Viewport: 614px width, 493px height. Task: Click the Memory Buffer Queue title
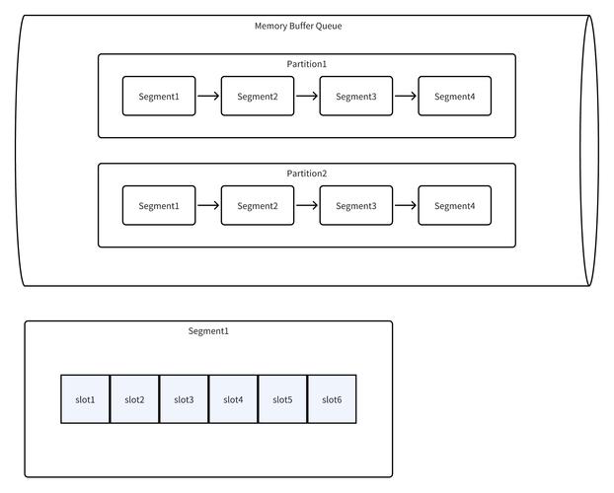point(298,26)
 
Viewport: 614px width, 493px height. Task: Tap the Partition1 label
point(307,64)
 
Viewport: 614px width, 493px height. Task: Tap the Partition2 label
point(307,174)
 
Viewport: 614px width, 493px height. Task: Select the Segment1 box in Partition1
point(159,97)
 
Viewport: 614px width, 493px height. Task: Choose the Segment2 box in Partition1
point(258,97)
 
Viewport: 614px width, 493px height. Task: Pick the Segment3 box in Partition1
point(356,97)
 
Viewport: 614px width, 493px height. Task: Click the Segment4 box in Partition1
point(455,97)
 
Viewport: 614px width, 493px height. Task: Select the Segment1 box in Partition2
point(159,206)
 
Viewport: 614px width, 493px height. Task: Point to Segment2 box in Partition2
point(258,206)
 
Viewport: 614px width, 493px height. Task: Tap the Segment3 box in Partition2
point(356,206)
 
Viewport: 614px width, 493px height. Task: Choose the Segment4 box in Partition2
point(455,206)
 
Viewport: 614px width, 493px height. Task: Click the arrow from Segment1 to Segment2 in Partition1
point(208,97)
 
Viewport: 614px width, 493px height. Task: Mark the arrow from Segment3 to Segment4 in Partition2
point(406,206)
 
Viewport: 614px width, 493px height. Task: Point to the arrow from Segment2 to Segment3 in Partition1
point(307,97)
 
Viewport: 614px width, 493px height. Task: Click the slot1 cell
point(85,399)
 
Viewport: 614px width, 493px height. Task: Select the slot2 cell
point(134,399)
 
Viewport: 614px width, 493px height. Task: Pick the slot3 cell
point(184,399)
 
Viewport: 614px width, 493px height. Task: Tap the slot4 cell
point(233,399)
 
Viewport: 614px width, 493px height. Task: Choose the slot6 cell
point(332,399)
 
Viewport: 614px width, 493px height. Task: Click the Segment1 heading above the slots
point(208,331)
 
